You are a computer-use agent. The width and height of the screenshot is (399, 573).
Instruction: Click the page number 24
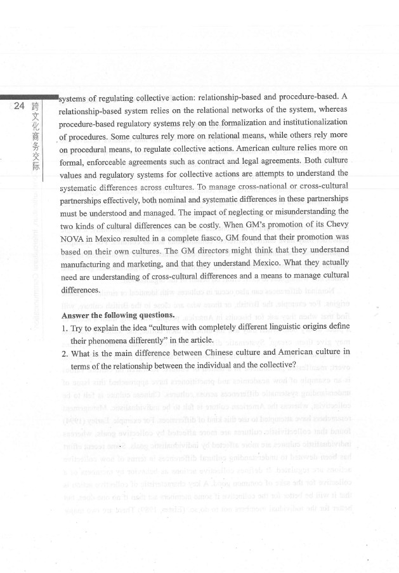pyautogui.click(x=20, y=105)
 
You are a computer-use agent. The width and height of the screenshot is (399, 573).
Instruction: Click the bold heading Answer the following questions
pyautogui.click(x=118, y=315)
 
